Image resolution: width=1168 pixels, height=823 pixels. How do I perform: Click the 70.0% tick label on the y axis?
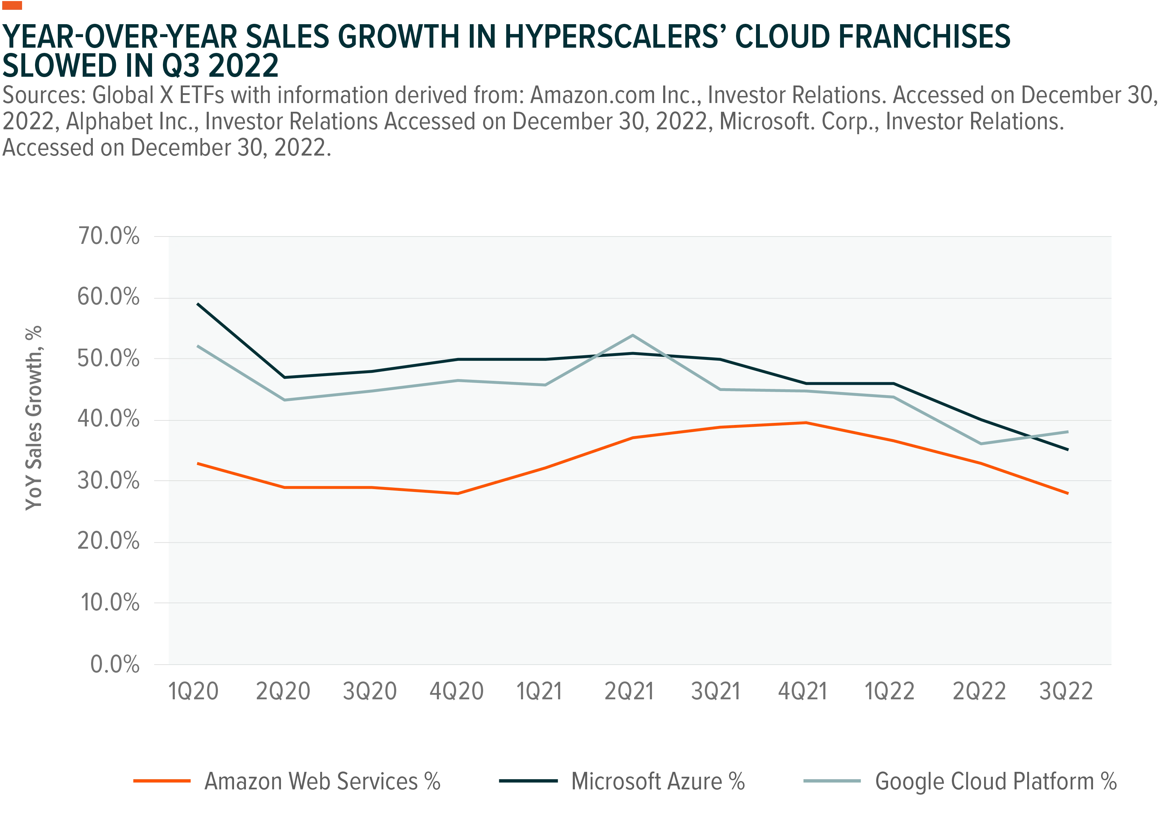(108, 236)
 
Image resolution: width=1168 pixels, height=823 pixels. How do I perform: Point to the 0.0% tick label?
(115, 664)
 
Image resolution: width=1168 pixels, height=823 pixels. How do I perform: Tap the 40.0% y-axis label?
(108, 420)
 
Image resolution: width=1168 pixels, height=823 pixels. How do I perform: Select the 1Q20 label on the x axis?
(193, 692)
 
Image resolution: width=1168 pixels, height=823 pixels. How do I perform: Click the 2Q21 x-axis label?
(629, 692)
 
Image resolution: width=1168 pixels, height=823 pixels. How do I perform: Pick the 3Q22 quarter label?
(1066, 692)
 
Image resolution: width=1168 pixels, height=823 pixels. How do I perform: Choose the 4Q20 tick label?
(456, 692)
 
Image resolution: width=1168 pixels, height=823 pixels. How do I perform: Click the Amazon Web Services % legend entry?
(287, 781)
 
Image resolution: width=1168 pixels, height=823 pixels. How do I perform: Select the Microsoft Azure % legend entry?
(622, 781)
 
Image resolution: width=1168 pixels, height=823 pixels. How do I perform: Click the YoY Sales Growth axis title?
(34, 418)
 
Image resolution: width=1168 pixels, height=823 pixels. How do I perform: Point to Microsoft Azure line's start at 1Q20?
(197, 304)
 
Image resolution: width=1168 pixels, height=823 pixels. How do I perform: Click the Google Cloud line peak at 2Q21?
(632, 335)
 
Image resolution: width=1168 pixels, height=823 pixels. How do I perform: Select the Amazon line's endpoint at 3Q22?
(1067, 493)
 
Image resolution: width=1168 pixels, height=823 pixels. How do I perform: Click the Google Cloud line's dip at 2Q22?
(980, 444)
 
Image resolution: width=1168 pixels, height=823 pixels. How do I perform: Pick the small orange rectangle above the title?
(12, 5)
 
